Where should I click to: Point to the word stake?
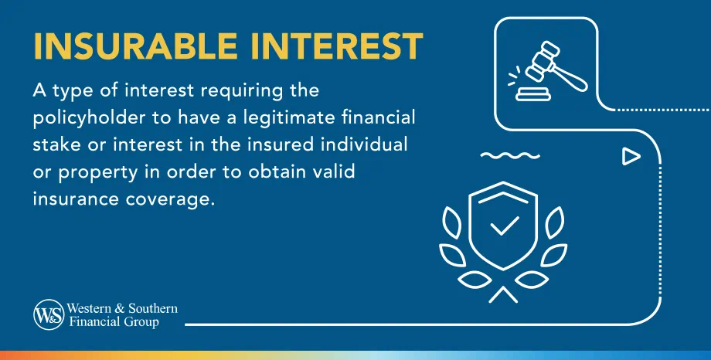(x=56, y=145)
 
